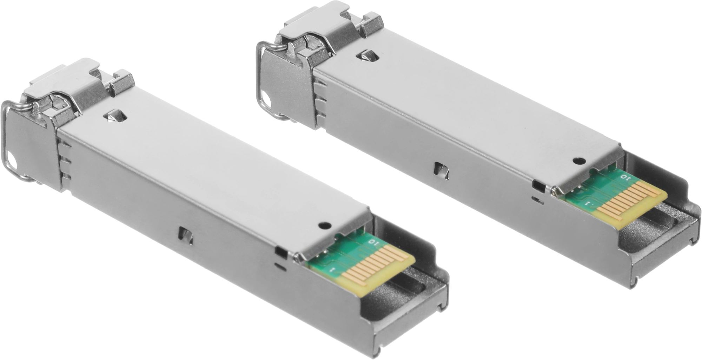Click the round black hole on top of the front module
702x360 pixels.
click(x=325, y=225)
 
